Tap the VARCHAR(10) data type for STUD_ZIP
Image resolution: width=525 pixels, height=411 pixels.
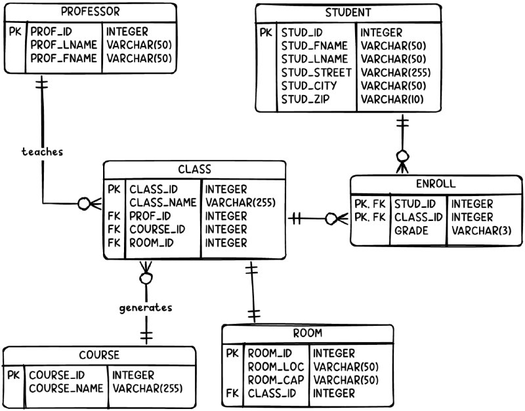[392, 100]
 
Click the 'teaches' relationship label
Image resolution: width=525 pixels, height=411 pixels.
[42, 151]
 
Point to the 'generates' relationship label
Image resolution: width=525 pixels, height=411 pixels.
[146, 307]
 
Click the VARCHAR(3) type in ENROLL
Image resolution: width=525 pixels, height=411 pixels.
[480, 231]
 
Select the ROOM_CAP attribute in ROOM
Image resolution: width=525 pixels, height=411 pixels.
[274, 380]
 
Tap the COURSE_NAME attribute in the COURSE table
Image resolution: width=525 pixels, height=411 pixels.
[66, 389]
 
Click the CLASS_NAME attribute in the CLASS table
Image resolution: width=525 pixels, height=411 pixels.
[163, 203]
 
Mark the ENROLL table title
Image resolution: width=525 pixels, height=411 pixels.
[436, 184]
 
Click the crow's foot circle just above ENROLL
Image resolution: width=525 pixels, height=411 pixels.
[402, 157]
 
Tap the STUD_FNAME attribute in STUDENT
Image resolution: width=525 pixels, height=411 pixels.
[314, 45]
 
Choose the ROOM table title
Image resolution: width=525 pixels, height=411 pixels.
[307, 333]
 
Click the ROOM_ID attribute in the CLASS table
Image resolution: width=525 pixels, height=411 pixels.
[152, 243]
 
